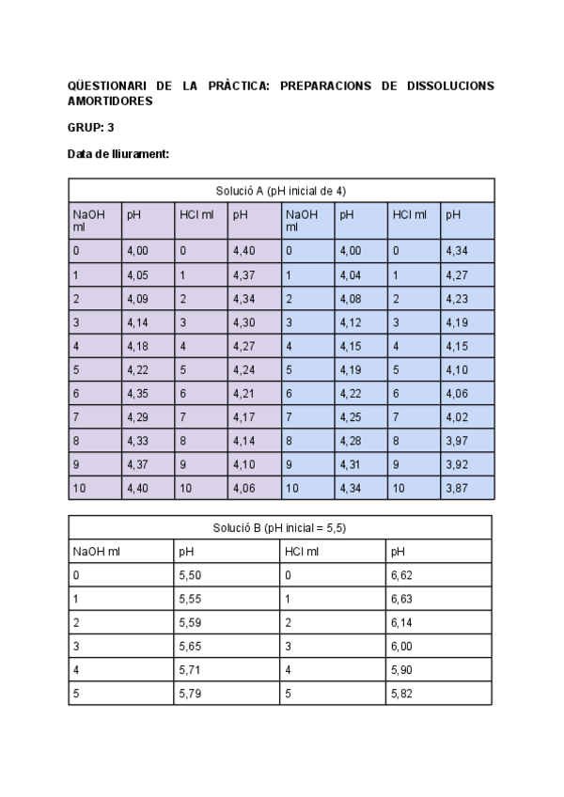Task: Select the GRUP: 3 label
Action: pyautogui.click(x=90, y=127)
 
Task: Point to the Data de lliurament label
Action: pyautogui.click(x=117, y=154)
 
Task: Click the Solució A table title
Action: pyautogui.click(x=281, y=190)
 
